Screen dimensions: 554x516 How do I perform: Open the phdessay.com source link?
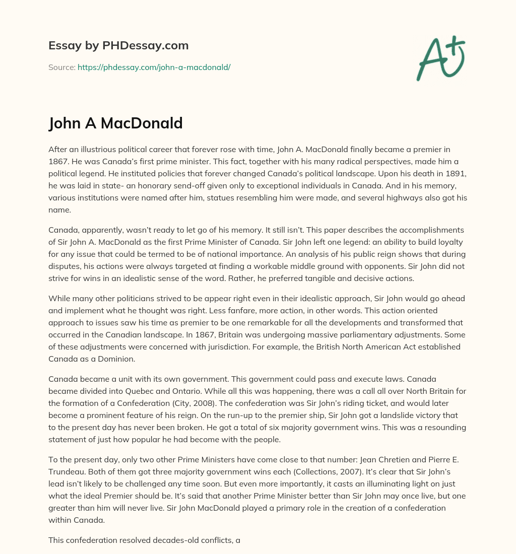click(x=154, y=66)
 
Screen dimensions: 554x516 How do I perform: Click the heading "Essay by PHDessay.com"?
click(x=118, y=45)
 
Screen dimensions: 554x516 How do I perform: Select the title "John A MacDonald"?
click(x=115, y=123)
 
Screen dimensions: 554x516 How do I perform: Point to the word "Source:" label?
click(x=61, y=66)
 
